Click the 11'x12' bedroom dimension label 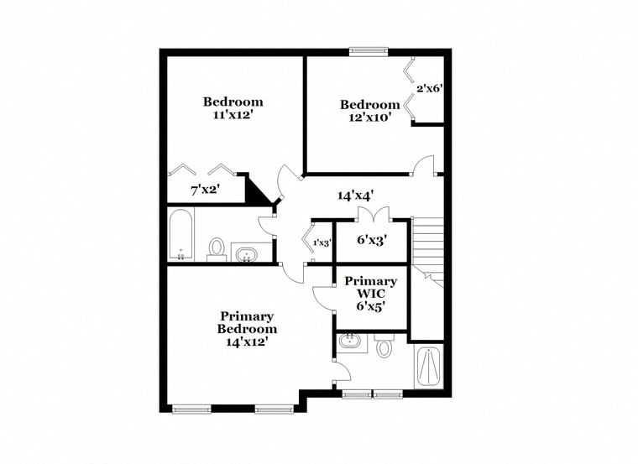[233, 116]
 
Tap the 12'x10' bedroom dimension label [369, 117]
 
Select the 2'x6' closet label [429, 88]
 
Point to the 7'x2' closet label [206, 189]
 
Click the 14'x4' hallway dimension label [356, 196]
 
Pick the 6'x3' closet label [372, 240]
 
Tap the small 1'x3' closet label [322, 243]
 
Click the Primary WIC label [371, 287]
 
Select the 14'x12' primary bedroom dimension [247, 342]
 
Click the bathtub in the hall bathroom [180, 235]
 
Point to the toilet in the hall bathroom [217, 249]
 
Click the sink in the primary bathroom [349, 341]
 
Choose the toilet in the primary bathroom [384, 346]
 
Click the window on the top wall [369, 51]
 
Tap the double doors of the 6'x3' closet [374, 214]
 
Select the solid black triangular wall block [256, 188]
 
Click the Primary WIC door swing [323, 299]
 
